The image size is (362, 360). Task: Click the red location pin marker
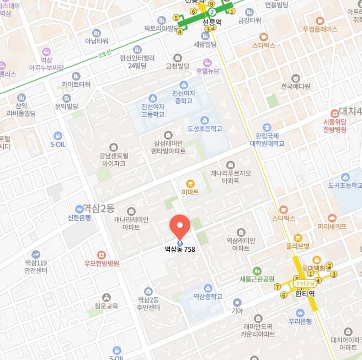179,226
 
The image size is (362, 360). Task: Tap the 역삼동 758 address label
179,249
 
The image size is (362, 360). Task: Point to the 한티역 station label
305,294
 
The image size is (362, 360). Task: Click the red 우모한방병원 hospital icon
101,255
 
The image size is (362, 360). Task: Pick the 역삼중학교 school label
207,297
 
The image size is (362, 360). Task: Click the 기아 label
237,310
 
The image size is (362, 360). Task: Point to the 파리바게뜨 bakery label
332,226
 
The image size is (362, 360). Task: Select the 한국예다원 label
296,86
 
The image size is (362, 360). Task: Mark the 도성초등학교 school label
205,128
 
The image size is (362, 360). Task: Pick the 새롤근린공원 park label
257,279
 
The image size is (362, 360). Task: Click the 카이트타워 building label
76,84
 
